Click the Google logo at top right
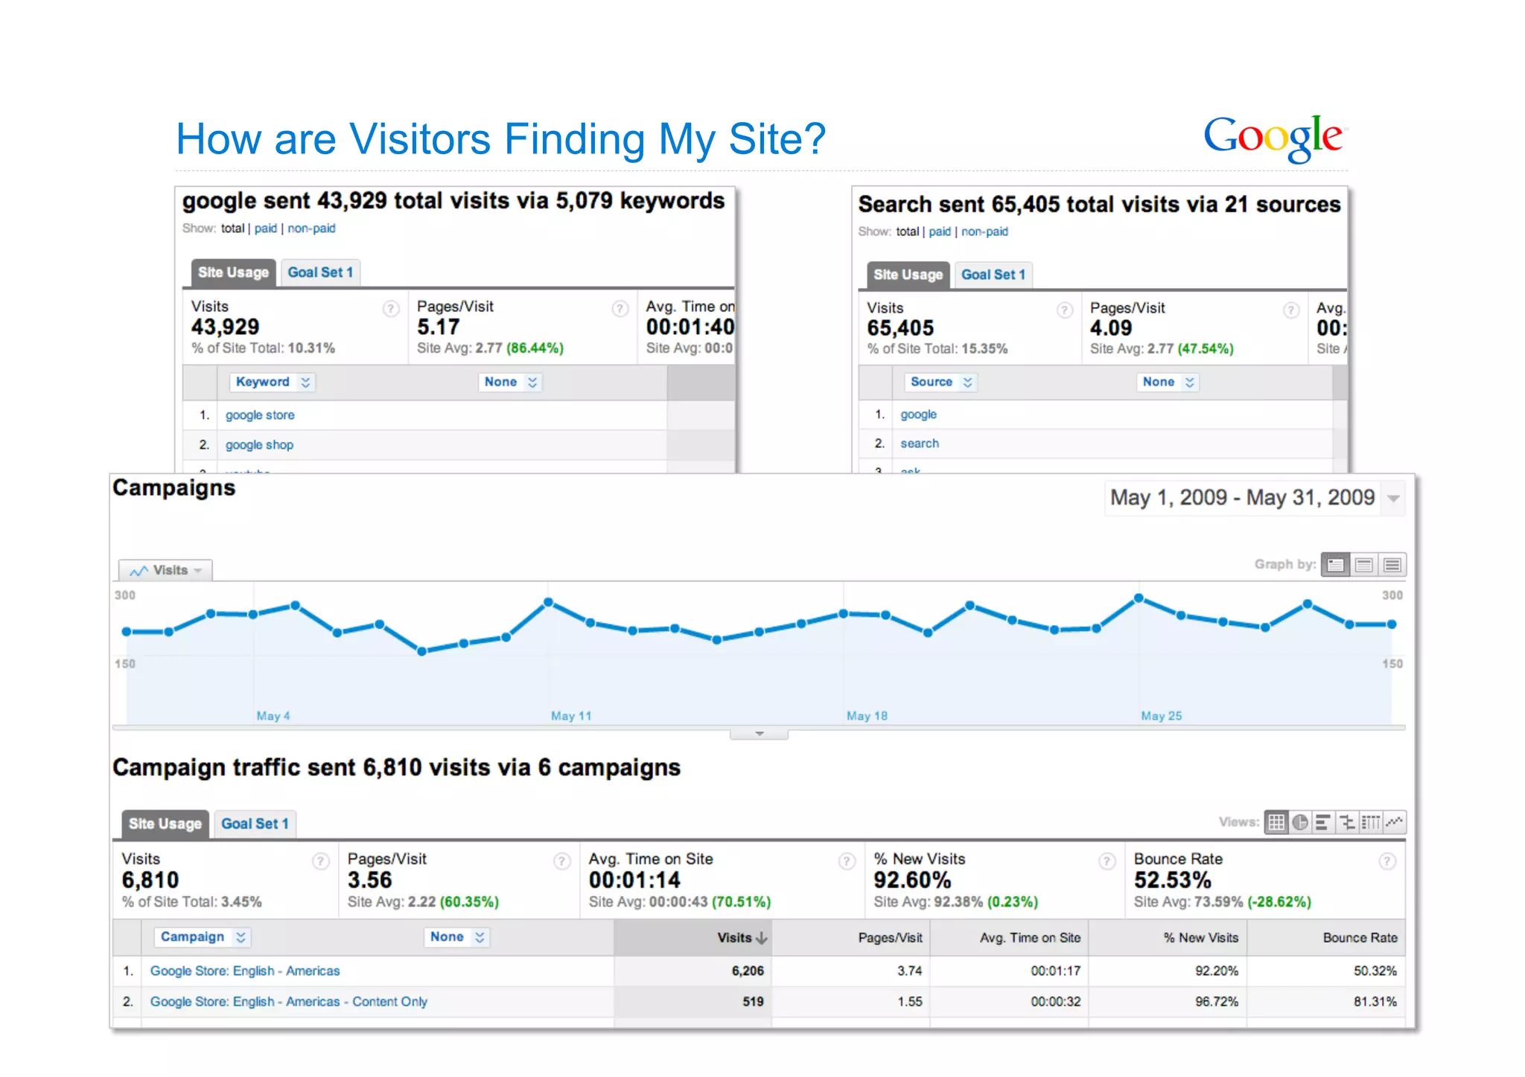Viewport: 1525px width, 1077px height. [1273, 138]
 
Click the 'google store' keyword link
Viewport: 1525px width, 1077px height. [260, 415]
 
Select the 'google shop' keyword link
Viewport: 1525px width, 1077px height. [259, 445]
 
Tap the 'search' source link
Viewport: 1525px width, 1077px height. [920, 444]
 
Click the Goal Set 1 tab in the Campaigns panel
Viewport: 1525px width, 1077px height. [255, 824]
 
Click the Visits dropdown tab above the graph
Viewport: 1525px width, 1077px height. [166, 571]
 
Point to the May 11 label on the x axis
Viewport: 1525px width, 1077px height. [571, 716]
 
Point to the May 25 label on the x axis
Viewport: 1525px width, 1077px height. [1161, 716]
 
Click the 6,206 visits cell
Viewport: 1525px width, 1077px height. [748, 971]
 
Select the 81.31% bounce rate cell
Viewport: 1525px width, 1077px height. [1375, 1002]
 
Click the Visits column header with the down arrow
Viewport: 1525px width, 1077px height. [741, 938]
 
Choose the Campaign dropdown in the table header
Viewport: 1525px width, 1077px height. [202, 937]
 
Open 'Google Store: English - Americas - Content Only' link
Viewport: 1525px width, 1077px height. [289, 1002]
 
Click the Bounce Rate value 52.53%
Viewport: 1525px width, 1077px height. [1172, 881]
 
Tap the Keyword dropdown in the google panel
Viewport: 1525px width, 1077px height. [272, 382]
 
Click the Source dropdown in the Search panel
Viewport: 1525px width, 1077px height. [940, 382]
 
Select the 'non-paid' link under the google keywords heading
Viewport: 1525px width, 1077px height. [311, 228]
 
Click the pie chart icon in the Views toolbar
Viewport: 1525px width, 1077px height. [1300, 822]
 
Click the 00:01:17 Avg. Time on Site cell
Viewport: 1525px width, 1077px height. [1055, 971]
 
